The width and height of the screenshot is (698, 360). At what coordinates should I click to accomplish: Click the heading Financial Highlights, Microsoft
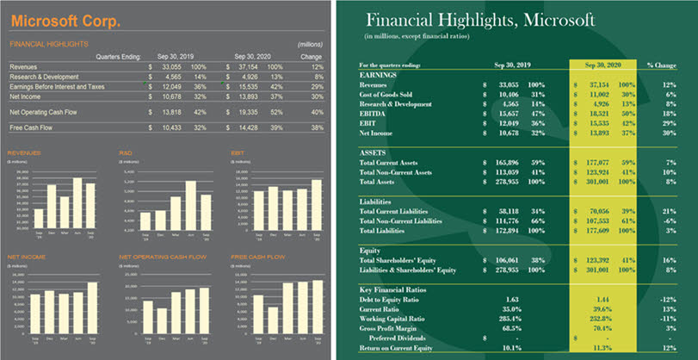click(x=480, y=21)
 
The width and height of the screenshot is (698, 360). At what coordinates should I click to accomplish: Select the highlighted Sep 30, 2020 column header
click(x=602, y=64)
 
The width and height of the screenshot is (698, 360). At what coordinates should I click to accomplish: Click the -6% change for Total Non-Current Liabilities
click(x=669, y=220)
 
